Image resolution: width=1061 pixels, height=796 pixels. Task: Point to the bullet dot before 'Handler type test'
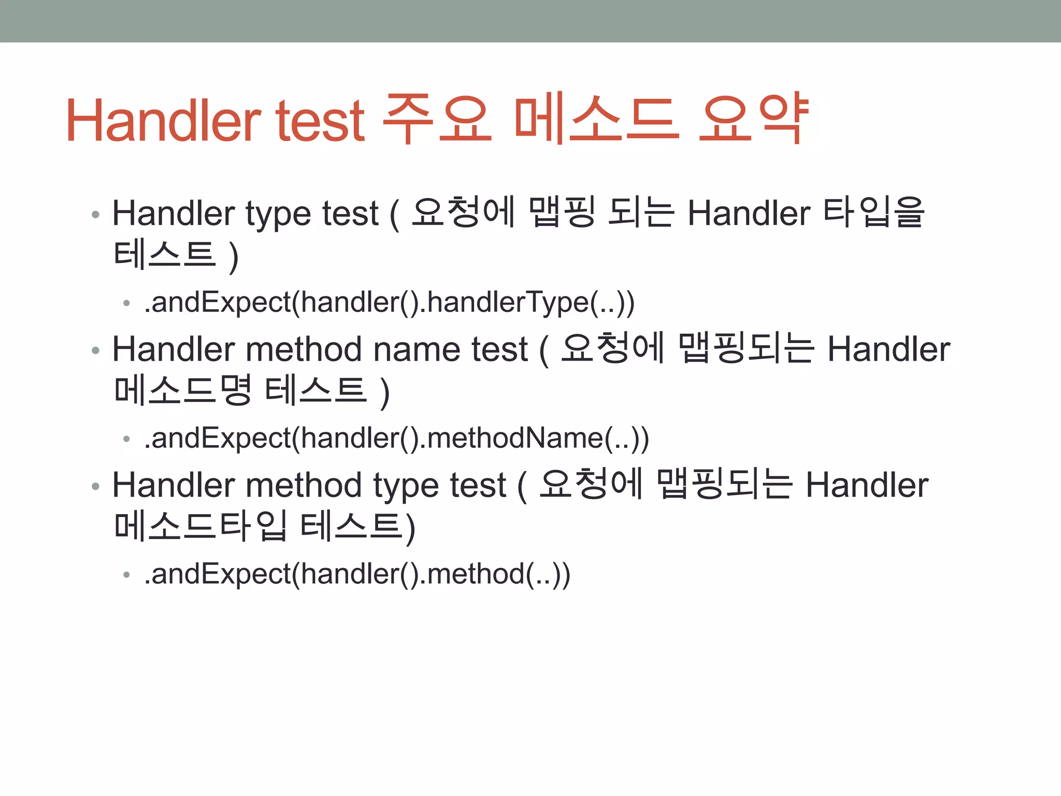pos(95,215)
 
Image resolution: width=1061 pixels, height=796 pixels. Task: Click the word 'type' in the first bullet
pos(279,215)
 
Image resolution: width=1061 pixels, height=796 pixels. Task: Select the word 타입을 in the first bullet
pos(873,212)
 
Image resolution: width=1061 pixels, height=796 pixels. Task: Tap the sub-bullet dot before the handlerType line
pos(126,303)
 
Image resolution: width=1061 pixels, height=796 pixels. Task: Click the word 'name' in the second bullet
pos(417,349)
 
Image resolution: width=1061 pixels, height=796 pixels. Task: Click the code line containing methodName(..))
pos(396,438)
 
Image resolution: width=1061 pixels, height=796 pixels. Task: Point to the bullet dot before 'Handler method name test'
pos(95,350)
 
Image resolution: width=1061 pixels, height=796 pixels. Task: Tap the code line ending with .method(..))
pos(357,574)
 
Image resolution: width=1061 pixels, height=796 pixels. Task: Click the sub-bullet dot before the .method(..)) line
pos(126,575)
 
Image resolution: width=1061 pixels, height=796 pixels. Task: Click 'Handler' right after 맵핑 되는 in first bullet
pos(749,214)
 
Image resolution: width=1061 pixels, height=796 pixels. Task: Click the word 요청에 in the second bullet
pos(612,348)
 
